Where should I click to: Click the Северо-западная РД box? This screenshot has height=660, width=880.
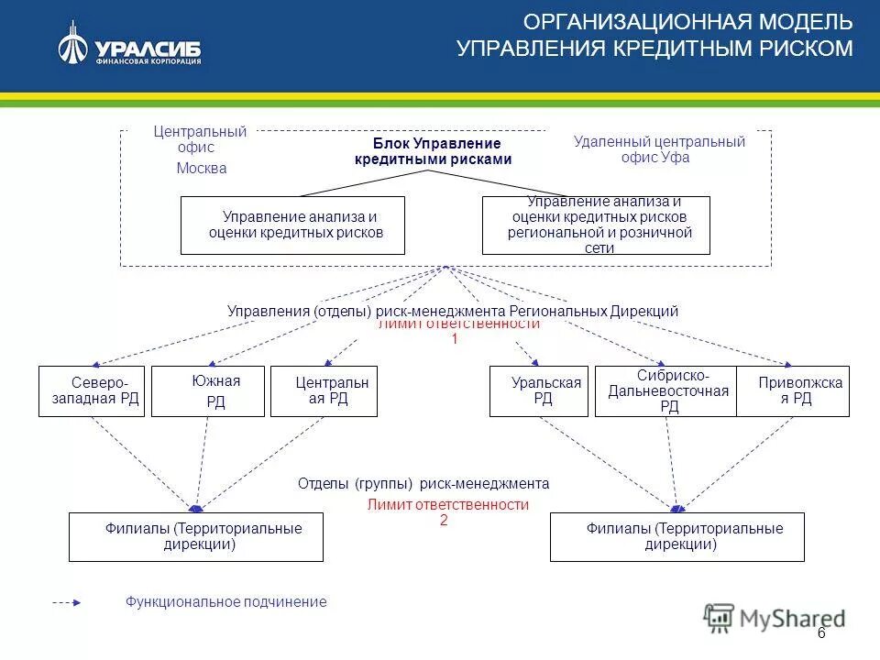[x=92, y=391]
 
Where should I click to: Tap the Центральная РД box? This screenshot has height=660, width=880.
[x=324, y=391]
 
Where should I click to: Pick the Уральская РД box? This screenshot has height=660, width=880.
[x=538, y=391]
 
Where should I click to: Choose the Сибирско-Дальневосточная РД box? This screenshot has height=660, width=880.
[x=665, y=391]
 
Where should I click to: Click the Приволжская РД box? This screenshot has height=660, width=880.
[x=793, y=391]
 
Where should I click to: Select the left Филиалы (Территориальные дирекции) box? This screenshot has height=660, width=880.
[x=196, y=536]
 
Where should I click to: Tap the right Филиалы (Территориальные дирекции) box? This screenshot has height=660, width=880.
[x=676, y=536]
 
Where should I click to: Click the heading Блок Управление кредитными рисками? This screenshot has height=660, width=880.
[x=433, y=151]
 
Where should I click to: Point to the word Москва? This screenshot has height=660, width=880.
[x=201, y=169]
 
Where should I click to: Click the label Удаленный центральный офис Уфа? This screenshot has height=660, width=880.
[x=658, y=148]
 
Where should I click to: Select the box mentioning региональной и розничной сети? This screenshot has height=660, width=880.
[x=596, y=225]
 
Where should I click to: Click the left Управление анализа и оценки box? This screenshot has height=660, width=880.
[x=292, y=225]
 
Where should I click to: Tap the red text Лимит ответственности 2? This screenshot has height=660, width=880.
[x=447, y=511]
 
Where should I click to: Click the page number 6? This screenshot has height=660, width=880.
[x=820, y=634]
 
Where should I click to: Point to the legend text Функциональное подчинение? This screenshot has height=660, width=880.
[x=225, y=602]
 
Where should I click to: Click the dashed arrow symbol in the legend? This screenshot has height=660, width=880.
[x=67, y=603]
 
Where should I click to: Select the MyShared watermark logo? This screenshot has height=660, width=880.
[x=775, y=619]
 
